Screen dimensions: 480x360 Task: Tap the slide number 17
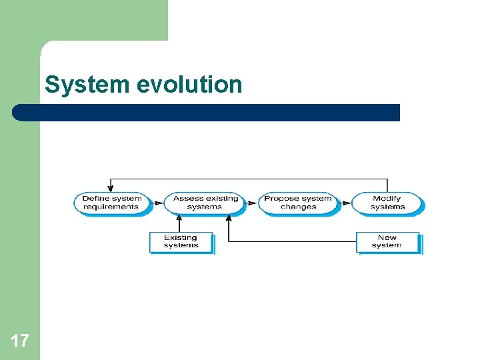[x=20, y=341]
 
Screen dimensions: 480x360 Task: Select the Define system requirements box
[x=112, y=203]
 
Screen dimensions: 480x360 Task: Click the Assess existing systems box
[x=205, y=203]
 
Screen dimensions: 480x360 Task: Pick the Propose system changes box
[x=298, y=203]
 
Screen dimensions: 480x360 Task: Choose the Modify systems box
[x=387, y=203]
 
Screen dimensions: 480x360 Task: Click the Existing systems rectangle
[x=181, y=242]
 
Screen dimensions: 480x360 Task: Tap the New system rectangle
[x=387, y=241]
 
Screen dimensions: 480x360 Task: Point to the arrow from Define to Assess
[x=158, y=203]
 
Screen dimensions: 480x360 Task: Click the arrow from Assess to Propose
[x=251, y=203]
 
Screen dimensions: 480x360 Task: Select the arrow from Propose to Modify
[x=345, y=203]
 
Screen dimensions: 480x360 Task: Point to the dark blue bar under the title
[x=207, y=113]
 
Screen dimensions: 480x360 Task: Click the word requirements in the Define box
[x=111, y=207]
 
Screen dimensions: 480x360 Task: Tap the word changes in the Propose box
[x=298, y=207]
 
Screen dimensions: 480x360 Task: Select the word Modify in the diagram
[x=387, y=198]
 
